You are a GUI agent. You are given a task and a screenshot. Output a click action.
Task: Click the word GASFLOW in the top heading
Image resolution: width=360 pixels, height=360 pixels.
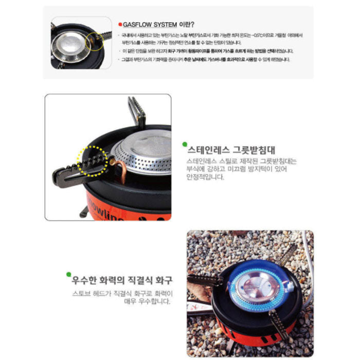[138, 24]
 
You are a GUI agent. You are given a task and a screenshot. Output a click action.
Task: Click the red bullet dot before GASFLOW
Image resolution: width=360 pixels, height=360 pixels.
[119, 24]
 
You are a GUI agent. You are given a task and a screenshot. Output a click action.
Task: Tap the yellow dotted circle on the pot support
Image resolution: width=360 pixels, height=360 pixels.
[92, 160]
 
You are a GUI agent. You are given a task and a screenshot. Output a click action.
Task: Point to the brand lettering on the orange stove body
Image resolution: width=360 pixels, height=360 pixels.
[105, 208]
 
